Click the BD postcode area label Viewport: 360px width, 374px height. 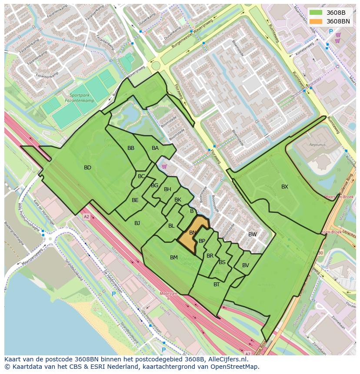coord(87,168)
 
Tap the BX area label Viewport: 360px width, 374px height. coord(284,187)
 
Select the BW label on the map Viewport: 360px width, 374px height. coord(253,235)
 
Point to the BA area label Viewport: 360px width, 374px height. coord(155,148)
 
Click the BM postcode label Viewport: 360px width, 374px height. coord(174,258)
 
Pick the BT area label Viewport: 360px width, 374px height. coord(217,285)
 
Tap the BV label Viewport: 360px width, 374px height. coord(246,265)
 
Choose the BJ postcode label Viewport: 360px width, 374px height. coord(137,223)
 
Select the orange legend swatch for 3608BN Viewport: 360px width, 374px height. coord(316,21)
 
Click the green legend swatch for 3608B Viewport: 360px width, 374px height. coord(316,13)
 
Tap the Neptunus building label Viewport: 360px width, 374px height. coord(317,145)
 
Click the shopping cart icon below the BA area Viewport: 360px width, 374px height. coord(164,166)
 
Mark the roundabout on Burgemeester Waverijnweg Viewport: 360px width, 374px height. coord(156,66)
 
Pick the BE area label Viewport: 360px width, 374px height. coord(135,200)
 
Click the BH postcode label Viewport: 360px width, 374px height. coord(167,189)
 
